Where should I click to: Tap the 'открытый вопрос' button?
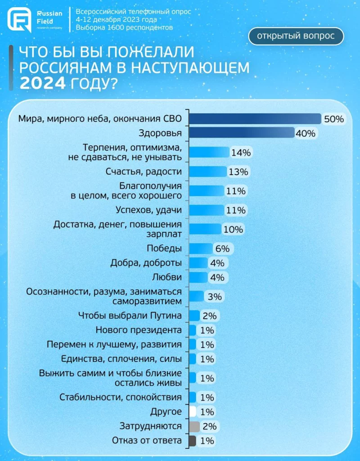(x=296, y=36)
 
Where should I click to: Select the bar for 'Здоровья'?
(x=241, y=133)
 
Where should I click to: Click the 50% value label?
(x=334, y=119)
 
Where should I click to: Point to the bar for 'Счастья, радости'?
(x=207, y=172)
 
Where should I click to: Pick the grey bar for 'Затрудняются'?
(x=194, y=426)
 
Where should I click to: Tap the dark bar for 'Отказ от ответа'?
(x=193, y=441)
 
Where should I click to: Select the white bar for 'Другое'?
(x=193, y=411)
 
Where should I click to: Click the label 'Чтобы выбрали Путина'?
(x=130, y=315)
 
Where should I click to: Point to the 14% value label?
(x=240, y=152)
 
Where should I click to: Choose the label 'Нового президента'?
(x=139, y=330)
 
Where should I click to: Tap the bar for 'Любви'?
(x=198, y=277)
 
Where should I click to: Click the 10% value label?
(x=233, y=229)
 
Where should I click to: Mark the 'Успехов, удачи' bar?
(x=206, y=210)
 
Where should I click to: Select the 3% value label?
(x=214, y=297)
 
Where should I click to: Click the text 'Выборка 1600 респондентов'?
(x=124, y=27)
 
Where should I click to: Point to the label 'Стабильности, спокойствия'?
(x=121, y=397)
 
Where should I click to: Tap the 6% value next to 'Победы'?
(x=222, y=249)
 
